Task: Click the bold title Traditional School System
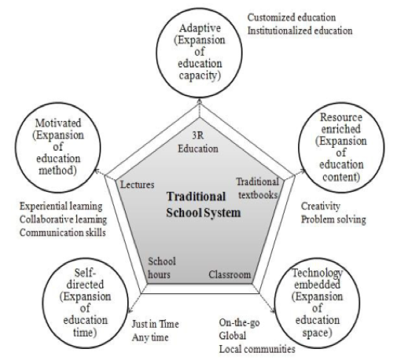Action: tap(204, 204)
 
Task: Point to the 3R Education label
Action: tap(198, 142)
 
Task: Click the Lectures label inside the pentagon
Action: tap(138, 185)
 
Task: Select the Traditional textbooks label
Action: tap(257, 188)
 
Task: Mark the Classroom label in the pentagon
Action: tap(230, 274)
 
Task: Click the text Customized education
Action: tap(292, 17)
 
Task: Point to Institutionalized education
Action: tap(300, 31)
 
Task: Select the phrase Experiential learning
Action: tap(61, 207)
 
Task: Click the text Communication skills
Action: tap(63, 233)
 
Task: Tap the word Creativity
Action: tap(321, 206)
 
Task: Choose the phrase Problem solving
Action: tap(333, 219)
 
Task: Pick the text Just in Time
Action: tap(155, 324)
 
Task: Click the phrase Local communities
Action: tap(257, 349)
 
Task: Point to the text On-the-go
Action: tap(239, 323)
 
